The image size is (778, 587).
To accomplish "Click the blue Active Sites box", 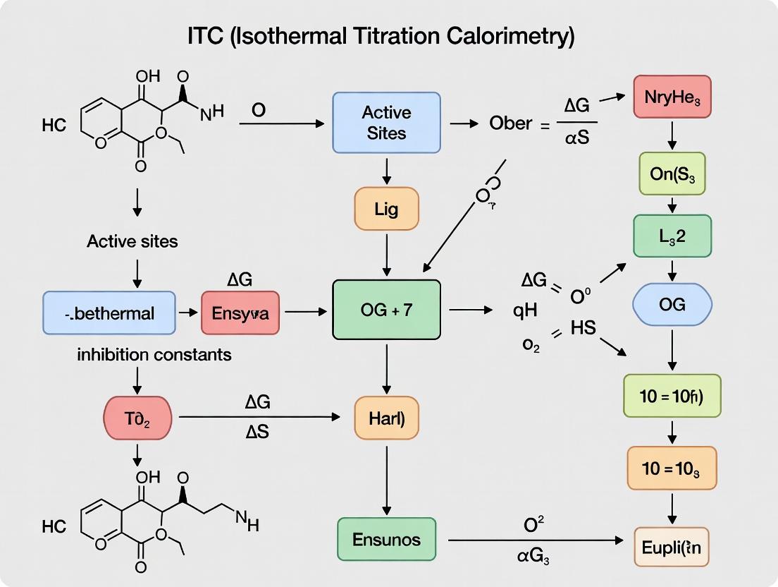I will [386, 123].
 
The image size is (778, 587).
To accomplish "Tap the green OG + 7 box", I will [386, 310].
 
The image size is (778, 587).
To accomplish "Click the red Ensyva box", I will [240, 312].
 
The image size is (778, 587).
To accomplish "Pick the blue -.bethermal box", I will [109, 313].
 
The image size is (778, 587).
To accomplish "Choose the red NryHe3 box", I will [672, 97].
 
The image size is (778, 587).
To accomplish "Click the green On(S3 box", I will [672, 173].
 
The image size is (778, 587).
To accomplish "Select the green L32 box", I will [672, 236].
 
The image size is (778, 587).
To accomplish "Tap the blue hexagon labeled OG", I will [672, 305].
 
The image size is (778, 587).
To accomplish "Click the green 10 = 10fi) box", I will [672, 396].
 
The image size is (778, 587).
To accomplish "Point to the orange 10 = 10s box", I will [672, 468].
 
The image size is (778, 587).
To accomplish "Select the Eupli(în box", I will [672, 546].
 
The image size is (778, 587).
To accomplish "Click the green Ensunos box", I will [386, 540].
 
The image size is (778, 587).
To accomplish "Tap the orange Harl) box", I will [386, 418].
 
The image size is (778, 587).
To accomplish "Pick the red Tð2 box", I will [137, 418].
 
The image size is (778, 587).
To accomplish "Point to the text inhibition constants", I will [154, 354].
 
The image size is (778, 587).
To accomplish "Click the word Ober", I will [510, 123].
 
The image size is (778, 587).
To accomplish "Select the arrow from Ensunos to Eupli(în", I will [536, 540].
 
